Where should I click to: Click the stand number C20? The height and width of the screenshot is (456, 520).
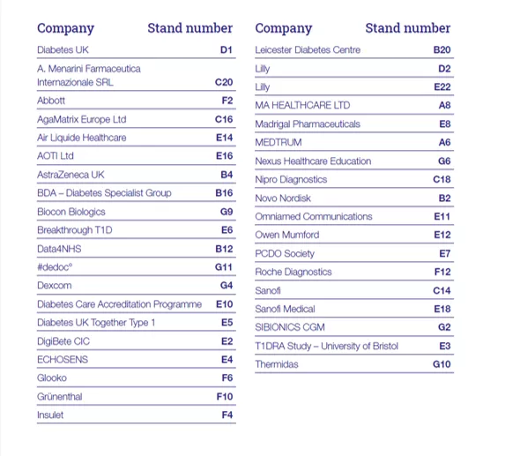click(224, 82)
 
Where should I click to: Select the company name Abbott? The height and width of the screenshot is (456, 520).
click(51, 101)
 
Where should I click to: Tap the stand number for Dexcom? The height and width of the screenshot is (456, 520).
click(227, 286)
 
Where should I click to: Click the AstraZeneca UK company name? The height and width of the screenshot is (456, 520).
click(71, 175)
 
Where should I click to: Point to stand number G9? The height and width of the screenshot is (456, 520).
click(227, 212)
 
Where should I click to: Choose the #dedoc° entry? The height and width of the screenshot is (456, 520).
click(55, 267)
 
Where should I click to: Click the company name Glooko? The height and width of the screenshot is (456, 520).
click(52, 378)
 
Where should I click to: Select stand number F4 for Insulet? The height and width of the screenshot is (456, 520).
click(227, 415)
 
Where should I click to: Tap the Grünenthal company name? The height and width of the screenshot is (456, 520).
click(60, 396)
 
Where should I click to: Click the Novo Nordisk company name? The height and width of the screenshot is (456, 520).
click(283, 198)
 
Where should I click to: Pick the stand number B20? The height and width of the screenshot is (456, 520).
click(442, 49)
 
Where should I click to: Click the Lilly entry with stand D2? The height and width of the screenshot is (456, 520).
click(263, 69)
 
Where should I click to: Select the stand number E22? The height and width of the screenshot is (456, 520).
click(442, 87)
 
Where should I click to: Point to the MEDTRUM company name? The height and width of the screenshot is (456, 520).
click(279, 142)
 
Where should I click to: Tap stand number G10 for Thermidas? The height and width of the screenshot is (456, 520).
click(442, 364)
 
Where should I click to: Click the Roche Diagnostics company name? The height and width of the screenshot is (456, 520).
click(293, 272)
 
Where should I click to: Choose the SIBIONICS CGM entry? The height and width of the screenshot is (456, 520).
click(290, 327)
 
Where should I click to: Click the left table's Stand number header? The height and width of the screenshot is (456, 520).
click(190, 28)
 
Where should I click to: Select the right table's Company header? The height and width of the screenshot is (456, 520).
click(284, 29)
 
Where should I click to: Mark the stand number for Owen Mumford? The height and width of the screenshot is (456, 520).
click(442, 235)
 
